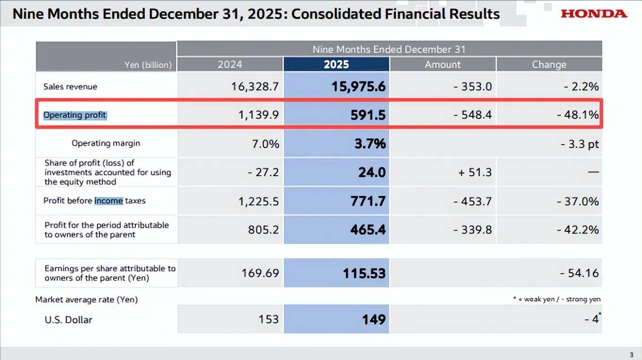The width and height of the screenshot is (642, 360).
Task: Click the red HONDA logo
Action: pos(594,14)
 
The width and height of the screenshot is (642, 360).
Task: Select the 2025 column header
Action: pos(336,65)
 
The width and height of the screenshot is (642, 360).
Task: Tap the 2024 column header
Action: pos(230,65)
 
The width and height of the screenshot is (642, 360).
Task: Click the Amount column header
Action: pos(443,65)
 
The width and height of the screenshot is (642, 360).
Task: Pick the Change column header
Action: pos(549,65)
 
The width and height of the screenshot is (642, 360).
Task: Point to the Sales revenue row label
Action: pos(70,87)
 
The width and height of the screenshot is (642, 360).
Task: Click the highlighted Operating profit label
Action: pos(75,115)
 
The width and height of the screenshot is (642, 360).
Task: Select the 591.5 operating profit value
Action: pos(368,115)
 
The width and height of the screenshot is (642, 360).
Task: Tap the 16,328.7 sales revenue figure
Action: pos(255,87)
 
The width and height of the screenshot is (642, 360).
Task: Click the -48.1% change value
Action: pos(577,115)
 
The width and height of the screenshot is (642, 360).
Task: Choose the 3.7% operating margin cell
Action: pos(370,144)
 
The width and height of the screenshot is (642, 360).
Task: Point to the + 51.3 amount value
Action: pos(475,172)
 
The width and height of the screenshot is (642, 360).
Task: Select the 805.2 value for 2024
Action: pos(263,230)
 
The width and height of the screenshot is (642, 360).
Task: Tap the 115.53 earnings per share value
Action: pos(364,273)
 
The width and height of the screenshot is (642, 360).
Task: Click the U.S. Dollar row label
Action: pos(68,319)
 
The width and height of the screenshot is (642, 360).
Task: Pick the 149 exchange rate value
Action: pos(374,319)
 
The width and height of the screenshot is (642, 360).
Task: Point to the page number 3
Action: pos(632,355)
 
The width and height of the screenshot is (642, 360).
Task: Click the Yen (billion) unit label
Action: pos(148,65)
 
